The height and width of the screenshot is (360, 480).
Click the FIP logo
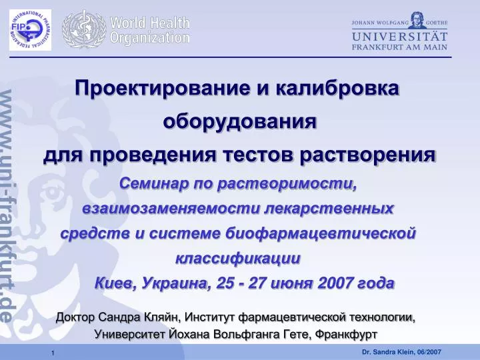pyautogui.click(x=30, y=30)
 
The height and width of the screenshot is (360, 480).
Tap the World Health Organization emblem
pyautogui.click(x=84, y=29)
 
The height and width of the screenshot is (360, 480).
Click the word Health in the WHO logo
pyautogui.click(x=170, y=23)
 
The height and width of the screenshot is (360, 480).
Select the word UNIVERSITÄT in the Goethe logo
pyautogui.click(x=399, y=37)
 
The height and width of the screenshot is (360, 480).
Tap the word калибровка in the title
pyautogui.click(x=337, y=88)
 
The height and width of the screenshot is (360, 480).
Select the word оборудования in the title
pyautogui.click(x=240, y=121)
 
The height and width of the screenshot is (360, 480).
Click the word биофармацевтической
pyautogui.click(x=321, y=233)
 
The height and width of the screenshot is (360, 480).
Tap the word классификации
pyautogui.click(x=238, y=259)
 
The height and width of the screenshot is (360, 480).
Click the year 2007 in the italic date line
pyautogui.click(x=335, y=283)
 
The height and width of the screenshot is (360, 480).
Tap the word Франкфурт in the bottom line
pyautogui.click(x=346, y=334)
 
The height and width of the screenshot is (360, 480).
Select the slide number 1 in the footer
pyautogui.click(x=53, y=353)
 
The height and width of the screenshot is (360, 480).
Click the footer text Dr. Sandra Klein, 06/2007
pyautogui.click(x=401, y=352)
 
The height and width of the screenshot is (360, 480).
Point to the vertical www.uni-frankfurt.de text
pyautogui.click(x=7, y=206)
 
